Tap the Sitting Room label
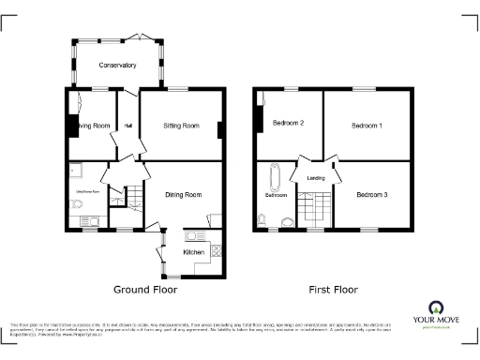[x=181, y=125]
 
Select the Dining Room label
[x=184, y=195]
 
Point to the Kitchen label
[x=194, y=252]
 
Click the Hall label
[x=127, y=126]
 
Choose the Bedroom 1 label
[x=367, y=125]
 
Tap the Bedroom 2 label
[x=289, y=124]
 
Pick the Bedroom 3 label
[x=373, y=194]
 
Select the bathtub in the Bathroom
[x=274, y=177]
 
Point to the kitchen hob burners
[x=216, y=250]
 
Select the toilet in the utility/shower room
[x=79, y=209]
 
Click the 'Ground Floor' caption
[x=145, y=290]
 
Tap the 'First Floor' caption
[x=334, y=290]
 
